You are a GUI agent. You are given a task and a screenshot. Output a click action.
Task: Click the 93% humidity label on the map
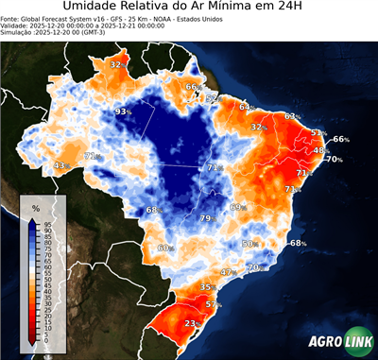[122, 111]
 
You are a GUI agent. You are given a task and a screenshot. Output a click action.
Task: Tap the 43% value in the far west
[61, 165]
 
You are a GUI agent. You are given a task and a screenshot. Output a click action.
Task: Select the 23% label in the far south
[192, 323]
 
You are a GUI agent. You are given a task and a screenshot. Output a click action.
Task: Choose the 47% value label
[227, 272]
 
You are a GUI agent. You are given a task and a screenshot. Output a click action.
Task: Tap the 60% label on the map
[165, 248]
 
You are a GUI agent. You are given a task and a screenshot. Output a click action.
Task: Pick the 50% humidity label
[249, 244]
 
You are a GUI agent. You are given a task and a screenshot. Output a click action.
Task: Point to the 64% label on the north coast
[246, 107]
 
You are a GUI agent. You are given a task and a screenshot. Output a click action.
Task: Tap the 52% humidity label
[212, 97]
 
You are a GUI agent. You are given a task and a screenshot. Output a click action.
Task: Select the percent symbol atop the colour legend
[35, 207]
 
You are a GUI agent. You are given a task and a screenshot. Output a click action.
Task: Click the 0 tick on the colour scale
[47, 344]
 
